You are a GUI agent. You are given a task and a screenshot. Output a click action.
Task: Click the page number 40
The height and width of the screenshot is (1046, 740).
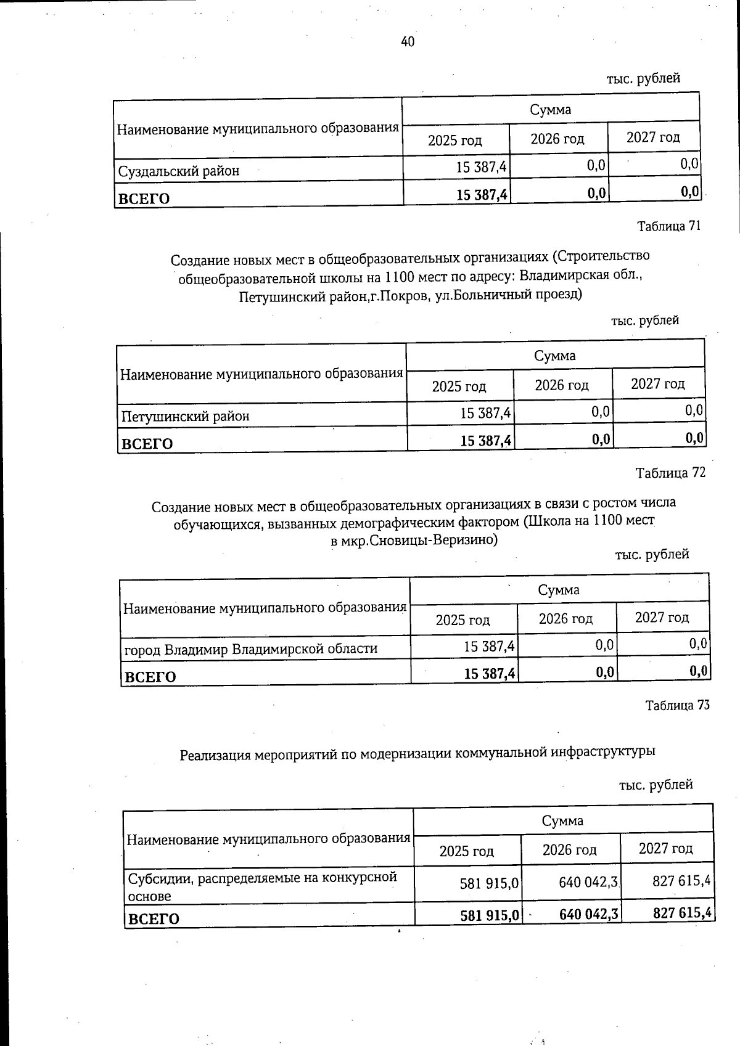pos(408,41)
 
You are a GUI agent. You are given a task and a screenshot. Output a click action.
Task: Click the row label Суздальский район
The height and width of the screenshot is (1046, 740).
pos(178,171)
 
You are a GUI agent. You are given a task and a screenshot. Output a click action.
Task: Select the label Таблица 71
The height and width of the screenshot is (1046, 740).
pos(668,226)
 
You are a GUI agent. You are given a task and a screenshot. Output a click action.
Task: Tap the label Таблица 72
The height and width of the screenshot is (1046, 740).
pos(670,473)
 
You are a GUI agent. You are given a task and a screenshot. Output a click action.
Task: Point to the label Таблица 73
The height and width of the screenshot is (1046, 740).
pos(677,705)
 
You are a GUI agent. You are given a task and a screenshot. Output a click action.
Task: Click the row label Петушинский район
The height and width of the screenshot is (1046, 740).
pos(185,416)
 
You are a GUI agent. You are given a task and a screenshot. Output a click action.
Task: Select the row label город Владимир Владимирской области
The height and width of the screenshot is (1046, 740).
pos(250,649)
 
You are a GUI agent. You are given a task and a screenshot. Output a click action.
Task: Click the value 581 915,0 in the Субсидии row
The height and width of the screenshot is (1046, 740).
pos(489,884)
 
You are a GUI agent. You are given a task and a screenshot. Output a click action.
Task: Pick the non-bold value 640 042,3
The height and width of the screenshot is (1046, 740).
pos(588,883)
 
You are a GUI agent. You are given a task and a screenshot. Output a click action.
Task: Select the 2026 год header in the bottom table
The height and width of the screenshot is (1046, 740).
pos(569,850)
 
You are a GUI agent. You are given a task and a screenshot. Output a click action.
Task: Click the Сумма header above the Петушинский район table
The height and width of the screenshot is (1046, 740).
pos(554,356)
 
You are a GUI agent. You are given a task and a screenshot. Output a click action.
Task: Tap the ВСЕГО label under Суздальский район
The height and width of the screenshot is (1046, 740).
pos(144,198)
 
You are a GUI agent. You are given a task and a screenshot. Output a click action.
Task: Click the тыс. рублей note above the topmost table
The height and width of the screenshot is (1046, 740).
pos(643,78)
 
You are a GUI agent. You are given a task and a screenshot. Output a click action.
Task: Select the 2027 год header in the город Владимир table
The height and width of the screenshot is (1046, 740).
pos(662,617)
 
